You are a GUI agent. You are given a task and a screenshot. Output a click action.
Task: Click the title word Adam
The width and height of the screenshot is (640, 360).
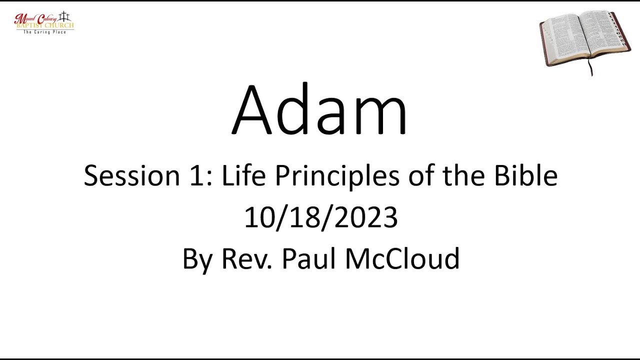coord(319,111)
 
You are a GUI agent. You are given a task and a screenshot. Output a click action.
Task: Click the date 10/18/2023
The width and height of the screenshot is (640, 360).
coord(320,218)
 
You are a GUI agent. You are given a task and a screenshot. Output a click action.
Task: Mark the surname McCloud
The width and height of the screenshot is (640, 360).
coord(402,259)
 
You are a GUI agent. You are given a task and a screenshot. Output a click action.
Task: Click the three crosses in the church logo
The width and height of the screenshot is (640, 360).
coord(64,16)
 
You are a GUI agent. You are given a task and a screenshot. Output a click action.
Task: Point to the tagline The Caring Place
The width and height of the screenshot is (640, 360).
coord(44,32)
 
